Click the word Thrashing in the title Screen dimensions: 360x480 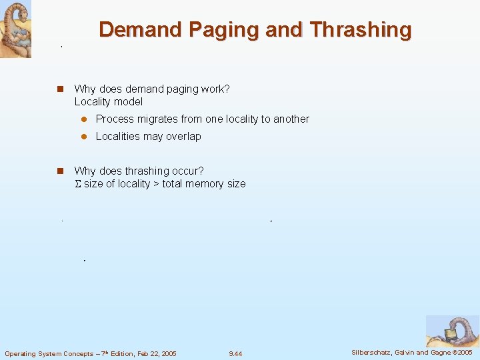click(x=361, y=30)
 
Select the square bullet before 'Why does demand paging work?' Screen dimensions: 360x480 click(x=59, y=89)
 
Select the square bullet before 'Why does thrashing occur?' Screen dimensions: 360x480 click(x=59, y=171)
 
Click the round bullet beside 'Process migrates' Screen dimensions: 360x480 click(x=84, y=119)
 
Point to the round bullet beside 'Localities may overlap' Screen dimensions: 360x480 click(x=84, y=137)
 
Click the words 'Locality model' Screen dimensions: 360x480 click(x=109, y=102)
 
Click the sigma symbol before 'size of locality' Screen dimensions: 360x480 click(x=78, y=184)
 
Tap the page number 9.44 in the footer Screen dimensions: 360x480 click(x=235, y=353)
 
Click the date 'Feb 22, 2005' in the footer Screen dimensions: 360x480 click(x=155, y=353)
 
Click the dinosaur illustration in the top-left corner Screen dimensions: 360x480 click(x=15, y=29)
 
